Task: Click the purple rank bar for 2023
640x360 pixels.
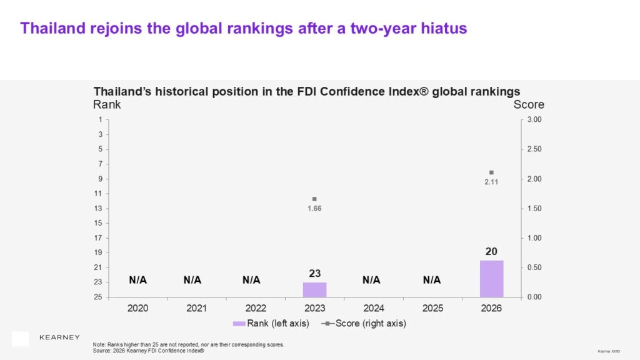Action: [x=314, y=289]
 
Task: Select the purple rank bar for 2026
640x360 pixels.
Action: [x=491, y=279]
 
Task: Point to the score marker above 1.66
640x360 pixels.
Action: [x=314, y=199]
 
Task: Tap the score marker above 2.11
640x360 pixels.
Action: [x=491, y=172]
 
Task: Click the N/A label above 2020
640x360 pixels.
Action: [x=137, y=280]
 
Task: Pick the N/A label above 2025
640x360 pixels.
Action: [x=432, y=280]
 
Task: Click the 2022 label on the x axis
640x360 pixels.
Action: [x=256, y=308]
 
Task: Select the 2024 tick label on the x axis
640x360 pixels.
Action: [x=373, y=308]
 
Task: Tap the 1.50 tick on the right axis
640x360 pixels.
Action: [x=534, y=208]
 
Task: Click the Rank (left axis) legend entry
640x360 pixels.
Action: [x=271, y=323]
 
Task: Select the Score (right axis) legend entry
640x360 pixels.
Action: [x=366, y=323]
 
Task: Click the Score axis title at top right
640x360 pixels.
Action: [x=529, y=105]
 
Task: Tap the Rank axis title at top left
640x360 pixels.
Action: [x=107, y=105]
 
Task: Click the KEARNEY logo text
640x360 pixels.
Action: [x=59, y=337]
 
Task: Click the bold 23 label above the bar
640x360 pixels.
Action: [x=314, y=273]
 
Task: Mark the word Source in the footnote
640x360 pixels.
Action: [x=101, y=351]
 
